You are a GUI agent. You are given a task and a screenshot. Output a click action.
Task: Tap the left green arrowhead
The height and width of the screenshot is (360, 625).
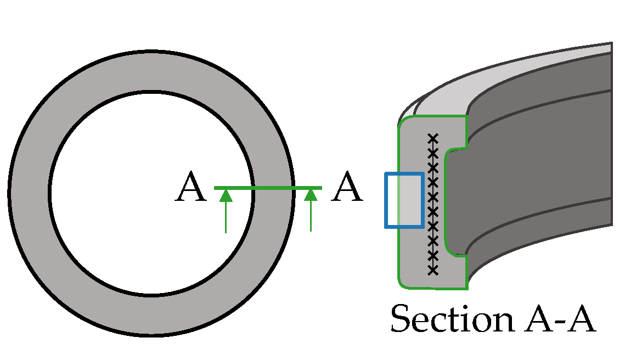point(226,195)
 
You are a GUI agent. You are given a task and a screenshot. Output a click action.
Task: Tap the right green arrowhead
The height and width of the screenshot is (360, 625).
point(311,195)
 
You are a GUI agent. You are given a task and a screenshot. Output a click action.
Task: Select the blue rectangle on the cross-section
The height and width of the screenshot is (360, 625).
point(404,200)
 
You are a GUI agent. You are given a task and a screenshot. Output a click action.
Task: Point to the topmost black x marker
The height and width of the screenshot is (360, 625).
point(433,138)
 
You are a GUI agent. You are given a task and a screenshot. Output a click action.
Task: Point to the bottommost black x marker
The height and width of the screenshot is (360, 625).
point(433,269)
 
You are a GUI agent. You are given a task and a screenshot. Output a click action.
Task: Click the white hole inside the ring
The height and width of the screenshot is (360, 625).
point(151,192)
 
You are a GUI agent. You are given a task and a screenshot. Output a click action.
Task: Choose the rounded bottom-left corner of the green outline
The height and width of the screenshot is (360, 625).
point(402,283)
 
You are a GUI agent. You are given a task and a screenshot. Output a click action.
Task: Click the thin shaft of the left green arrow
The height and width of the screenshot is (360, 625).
point(226,220)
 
